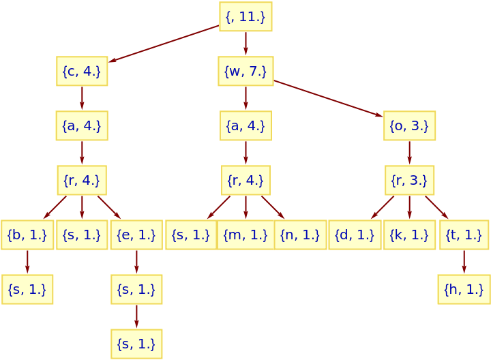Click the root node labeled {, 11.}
(x=245, y=16)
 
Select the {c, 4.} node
(x=82, y=71)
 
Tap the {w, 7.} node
(x=245, y=71)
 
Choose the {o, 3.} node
(x=409, y=125)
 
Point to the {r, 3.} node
(x=409, y=180)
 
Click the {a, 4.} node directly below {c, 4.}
(x=82, y=125)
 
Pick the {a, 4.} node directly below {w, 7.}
(x=245, y=125)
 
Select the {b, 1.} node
(x=27, y=235)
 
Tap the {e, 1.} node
(x=136, y=235)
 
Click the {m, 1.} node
(x=245, y=235)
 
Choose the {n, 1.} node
(x=300, y=235)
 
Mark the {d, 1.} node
(x=355, y=235)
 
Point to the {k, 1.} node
(x=409, y=235)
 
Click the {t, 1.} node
(x=464, y=235)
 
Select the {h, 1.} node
(x=464, y=289)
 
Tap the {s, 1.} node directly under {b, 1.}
(x=27, y=289)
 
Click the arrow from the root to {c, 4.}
(x=164, y=44)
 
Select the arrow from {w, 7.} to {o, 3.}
(x=328, y=99)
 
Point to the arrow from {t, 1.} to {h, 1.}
(x=464, y=262)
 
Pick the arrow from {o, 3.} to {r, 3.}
(x=409, y=153)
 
